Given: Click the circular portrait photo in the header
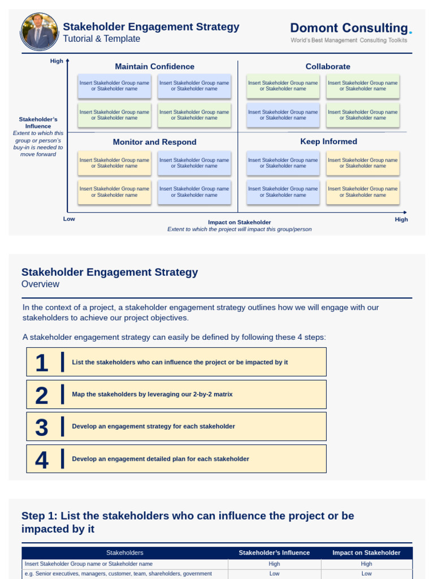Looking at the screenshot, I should [39, 32].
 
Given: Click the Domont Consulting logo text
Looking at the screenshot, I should [350, 28].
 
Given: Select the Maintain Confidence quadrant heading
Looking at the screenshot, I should [154, 67].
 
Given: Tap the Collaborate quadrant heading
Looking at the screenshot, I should [328, 67].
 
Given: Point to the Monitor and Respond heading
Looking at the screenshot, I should [154, 142].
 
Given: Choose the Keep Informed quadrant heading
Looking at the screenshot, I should [328, 141].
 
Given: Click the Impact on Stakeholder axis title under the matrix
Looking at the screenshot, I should [239, 222].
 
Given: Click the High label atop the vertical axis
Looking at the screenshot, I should [57, 61].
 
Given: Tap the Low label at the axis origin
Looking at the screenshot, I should [69, 218].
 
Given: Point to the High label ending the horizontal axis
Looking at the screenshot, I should [401, 219].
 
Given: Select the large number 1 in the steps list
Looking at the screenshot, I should [41, 362].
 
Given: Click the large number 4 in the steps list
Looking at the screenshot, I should [41, 460].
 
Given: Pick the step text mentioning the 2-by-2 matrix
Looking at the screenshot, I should [152, 394].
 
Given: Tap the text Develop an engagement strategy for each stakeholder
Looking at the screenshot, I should [153, 426].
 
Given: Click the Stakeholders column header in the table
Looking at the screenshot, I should [124, 552].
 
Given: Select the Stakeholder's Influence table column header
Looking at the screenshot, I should [274, 552].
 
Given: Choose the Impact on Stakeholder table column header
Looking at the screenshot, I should [366, 552].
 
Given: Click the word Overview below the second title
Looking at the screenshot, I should [40, 284].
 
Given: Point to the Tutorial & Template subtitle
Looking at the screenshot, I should [101, 39].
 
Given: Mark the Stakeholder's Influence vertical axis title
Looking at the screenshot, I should [38, 123].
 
